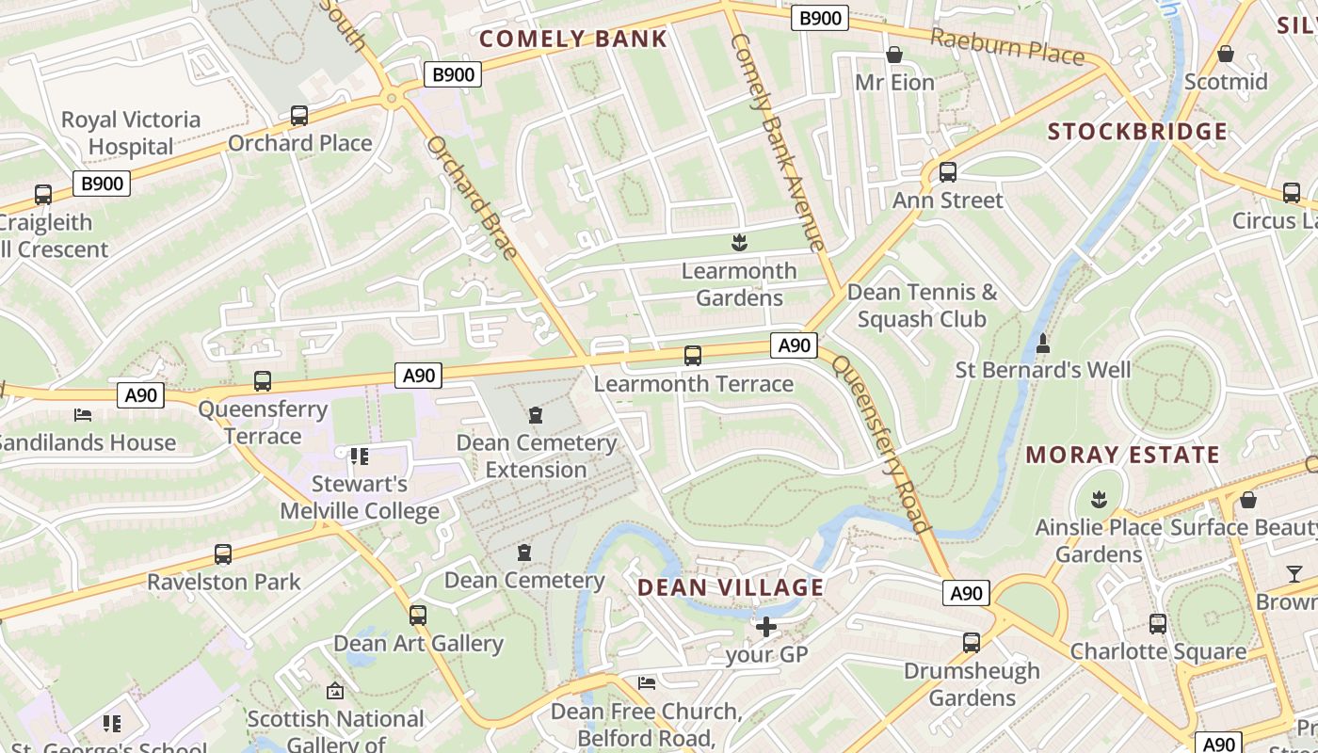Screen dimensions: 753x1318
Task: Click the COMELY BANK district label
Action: tap(573, 39)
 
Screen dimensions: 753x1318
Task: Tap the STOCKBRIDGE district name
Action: tap(1137, 131)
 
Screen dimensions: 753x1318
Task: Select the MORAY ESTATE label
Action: tap(1122, 455)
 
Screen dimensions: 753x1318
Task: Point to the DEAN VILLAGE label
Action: tap(731, 587)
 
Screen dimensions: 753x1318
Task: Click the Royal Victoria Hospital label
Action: tap(131, 133)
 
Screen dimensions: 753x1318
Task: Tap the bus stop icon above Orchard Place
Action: tap(299, 116)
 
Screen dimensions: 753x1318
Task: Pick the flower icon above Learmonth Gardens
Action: tap(739, 244)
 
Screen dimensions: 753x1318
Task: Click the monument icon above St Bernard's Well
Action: tap(1042, 344)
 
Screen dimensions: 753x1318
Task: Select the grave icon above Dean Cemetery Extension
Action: tap(536, 415)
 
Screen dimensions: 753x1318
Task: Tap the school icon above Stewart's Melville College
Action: tap(359, 457)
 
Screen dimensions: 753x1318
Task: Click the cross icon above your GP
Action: tap(766, 626)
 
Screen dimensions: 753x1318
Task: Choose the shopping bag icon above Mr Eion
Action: tap(894, 56)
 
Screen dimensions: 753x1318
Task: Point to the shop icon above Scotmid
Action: tap(1226, 55)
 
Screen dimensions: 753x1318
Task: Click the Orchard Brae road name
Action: tap(472, 198)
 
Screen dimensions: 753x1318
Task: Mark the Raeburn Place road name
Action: tap(1007, 46)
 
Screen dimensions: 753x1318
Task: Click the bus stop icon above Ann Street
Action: tap(947, 172)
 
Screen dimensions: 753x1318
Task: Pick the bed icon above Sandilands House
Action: tap(83, 415)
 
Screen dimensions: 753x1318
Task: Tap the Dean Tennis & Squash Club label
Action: tap(922, 306)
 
